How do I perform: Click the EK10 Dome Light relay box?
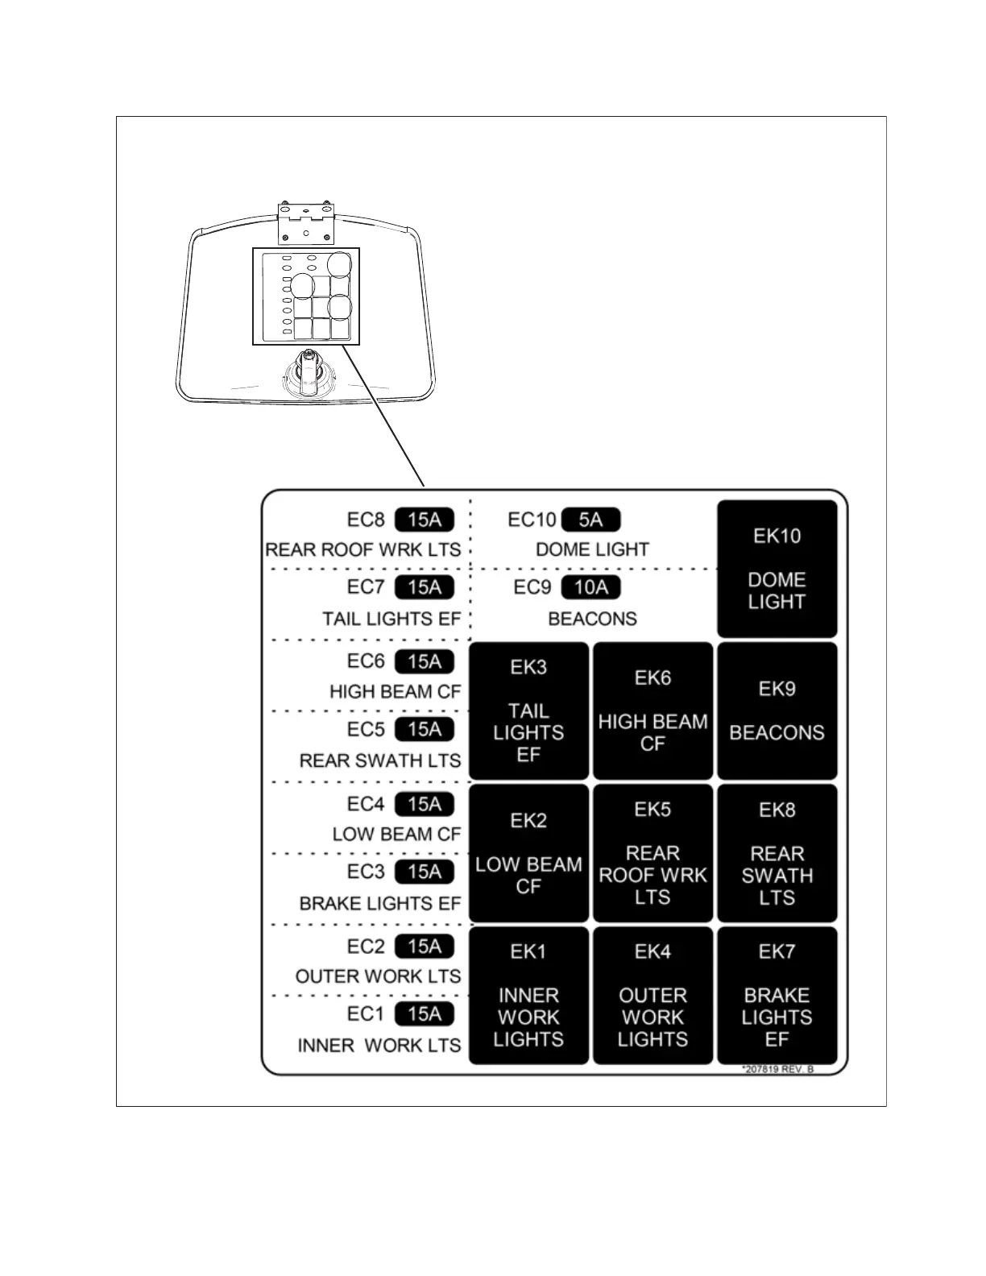(777, 569)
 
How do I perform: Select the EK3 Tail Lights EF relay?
(528, 710)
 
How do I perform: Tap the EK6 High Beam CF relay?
(652, 710)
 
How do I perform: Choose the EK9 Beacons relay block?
(777, 710)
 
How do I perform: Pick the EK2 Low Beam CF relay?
(528, 853)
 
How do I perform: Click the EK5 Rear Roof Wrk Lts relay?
(652, 853)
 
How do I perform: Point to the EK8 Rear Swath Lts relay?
(777, 853)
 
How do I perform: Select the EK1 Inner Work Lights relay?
(528, 996)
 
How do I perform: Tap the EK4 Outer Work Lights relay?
(652, 996)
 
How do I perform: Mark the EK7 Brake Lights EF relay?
(777, 996)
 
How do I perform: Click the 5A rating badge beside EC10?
(590, 520)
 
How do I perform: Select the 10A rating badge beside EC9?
(590, 587)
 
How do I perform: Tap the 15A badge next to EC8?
(425, 520)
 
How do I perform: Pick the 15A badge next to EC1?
(425, 1013)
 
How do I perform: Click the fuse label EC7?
(366, 587)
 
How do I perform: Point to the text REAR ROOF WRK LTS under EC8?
(363, 550)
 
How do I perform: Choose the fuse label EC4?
(366, 804)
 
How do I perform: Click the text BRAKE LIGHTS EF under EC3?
(380, 904)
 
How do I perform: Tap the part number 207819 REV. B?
(777, 1069)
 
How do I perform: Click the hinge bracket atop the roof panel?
(305, 222)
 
